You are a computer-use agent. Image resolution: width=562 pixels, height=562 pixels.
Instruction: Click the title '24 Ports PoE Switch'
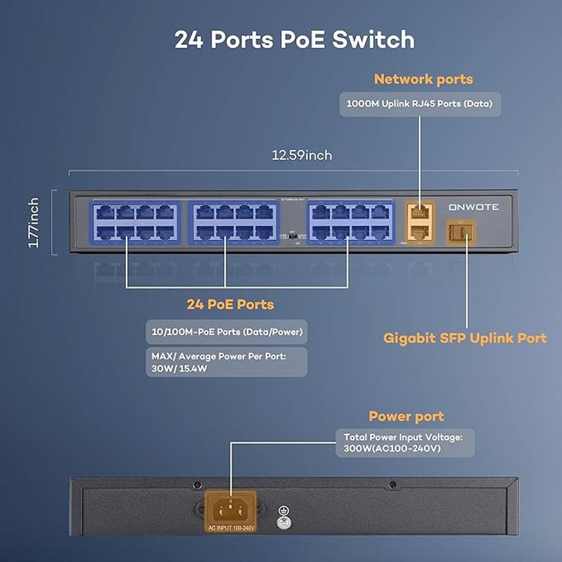click(x=294, y=40)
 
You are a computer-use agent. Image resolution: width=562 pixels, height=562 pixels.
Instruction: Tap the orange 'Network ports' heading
click(x=423, y=79)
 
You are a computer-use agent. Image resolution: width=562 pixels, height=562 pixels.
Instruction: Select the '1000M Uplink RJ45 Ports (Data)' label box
click(x=420, y=104)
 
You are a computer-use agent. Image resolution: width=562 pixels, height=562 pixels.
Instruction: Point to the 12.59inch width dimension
click(x=302, y=155)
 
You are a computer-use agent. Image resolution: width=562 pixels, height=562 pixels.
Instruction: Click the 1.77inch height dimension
click(x=34, y=223)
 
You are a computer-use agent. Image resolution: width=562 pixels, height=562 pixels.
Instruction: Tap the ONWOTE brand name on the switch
click(x=473, y=207)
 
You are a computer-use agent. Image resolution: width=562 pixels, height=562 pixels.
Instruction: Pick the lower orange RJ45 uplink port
click(x=419, y=232)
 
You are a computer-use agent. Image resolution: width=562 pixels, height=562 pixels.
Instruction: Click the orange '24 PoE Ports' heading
click(x=230, y=305)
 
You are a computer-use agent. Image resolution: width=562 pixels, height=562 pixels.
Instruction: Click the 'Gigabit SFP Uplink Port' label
click(x=465, y=338)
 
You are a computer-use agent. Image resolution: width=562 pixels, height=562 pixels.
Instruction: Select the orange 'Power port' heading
click(x=406, y=416)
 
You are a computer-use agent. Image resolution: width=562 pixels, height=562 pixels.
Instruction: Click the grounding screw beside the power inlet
click(x=284, y=522)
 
